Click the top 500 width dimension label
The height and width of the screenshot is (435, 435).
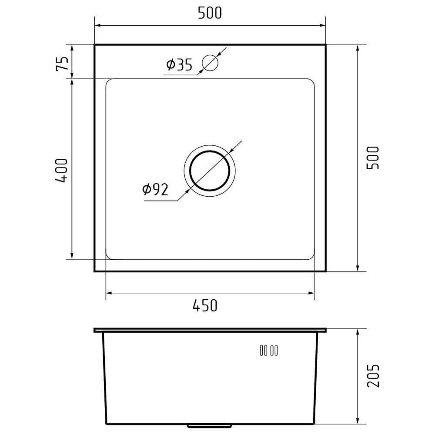pyautogui.click(x=210, y=13)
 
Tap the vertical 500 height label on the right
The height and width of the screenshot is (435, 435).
pyautogui.click(x=373, y=158)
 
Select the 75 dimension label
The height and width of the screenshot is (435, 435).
pyautogui.click(x=62, y=64)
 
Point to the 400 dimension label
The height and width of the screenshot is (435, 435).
pyautogui.click(x=61, y=171)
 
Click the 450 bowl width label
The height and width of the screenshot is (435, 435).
pyautogui.click(x=205, y=305)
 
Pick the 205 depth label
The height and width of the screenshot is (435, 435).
pyautogui.click(x=373, y=376)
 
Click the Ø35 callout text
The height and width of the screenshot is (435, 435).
pyautogui.click(x=179, y=65)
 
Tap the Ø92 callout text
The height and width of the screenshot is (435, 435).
pyautogui.click(x=155, y=190)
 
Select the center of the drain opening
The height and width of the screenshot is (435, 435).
pyautogui.click(x=210, y=171)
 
